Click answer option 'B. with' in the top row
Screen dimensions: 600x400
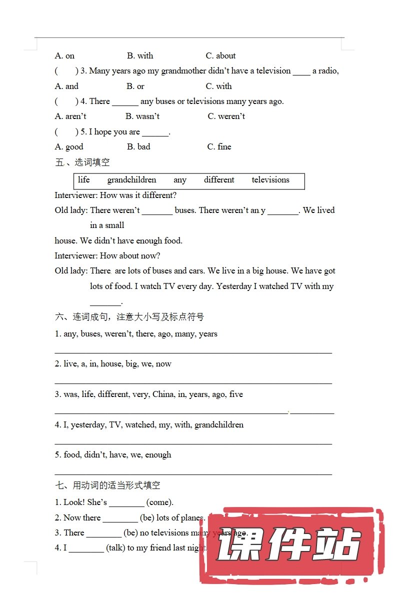[x=140, y=55]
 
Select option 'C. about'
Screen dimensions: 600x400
[x=220, y=55]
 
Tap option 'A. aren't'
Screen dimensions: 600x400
[x=70, y=116]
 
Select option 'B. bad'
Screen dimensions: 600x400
[x=138, y=146]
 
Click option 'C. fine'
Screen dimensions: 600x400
[x=219, y=146]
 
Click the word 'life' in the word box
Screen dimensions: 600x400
[x=84, y=180]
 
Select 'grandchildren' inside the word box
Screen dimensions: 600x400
[x=131, y=180]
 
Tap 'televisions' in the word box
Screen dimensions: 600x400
[x=270, y=180]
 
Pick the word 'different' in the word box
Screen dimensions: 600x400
[x=219, y=180]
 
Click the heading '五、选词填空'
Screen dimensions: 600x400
[x=82, y=162]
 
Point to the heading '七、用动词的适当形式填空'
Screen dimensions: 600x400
[x=107, y=485]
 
